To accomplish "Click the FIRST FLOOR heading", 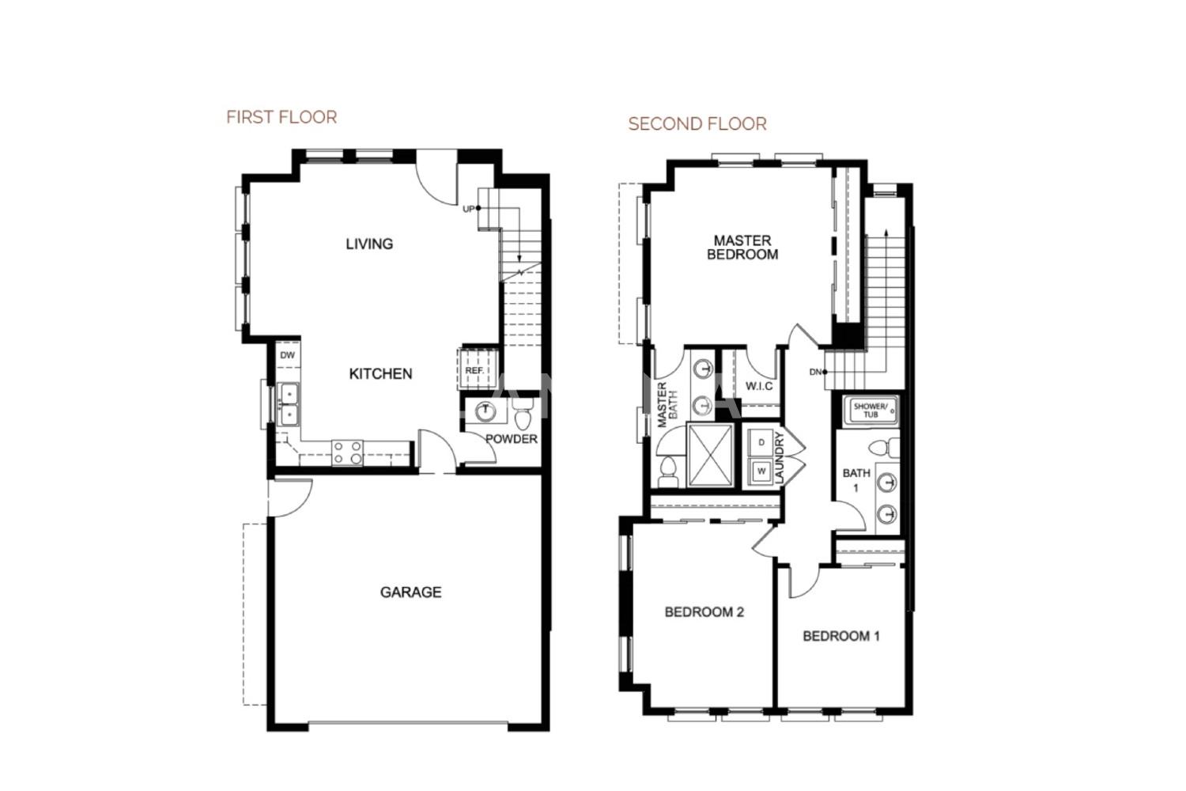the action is (281, 117).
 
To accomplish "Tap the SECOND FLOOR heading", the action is (697, 124).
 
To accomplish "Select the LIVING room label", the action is (369, 244).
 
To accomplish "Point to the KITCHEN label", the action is (380, 374).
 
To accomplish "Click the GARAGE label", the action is (411, 592).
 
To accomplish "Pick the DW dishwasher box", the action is (288, 355).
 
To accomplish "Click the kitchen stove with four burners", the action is (347, 453).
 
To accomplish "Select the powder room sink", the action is (485, 411).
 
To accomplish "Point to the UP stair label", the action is (469, 209).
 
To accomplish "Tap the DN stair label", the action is (815, 372).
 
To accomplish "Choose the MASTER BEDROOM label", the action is (742, 248).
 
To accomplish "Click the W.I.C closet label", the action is (759, 386).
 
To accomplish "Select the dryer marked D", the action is (761, 442).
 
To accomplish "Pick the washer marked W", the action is (761, 471).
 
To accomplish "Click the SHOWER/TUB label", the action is (871, 411).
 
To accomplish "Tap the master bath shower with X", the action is (711, 455).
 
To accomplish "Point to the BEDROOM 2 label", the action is (704, 612).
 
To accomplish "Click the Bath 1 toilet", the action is (883, 448).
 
